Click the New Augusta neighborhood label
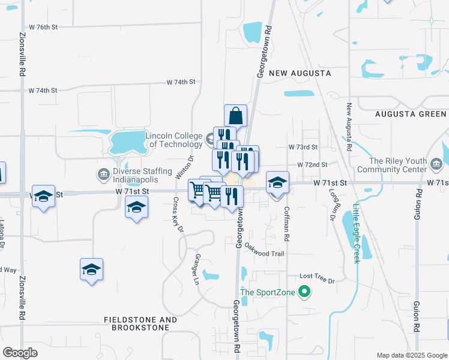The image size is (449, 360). (300, 73)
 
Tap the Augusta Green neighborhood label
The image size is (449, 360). (411, 114)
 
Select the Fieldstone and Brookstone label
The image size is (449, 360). (140, 324)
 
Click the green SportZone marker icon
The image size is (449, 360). (304, 293)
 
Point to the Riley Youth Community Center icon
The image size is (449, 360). (436, 163)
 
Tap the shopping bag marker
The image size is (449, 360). (236, 115)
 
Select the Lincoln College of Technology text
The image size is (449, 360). (174, 140)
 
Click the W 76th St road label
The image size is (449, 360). (43, 28)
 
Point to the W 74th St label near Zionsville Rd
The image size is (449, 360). (43, 91)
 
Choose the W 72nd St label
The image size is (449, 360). (312, 164)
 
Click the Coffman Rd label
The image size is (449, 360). (286, 224)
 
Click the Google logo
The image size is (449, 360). (20, 353)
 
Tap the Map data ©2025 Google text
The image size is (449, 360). (411, 355)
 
